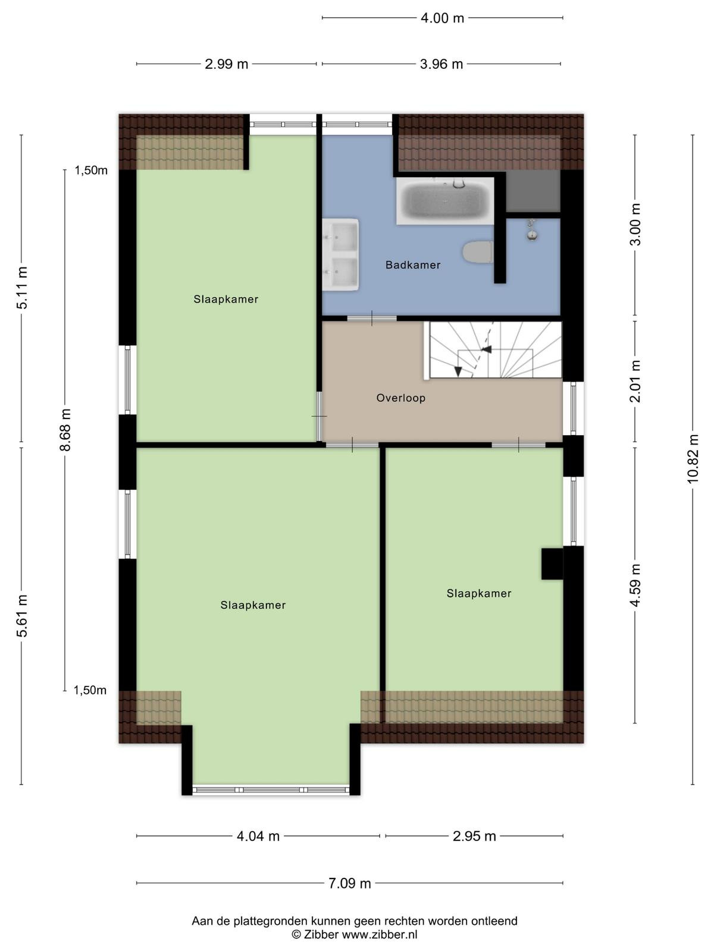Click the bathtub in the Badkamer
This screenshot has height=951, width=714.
click(x=445, y=200)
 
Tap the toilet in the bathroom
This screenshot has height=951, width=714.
click(x=478, y=252)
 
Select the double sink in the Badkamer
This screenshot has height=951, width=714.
click(x=340, y=255)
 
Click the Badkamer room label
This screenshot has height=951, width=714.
click(x=413, y=264)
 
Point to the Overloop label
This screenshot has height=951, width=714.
click(x=400, y=398)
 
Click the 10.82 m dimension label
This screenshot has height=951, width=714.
click(x=693, y=458)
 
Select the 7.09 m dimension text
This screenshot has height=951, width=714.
click(x=349, y=883)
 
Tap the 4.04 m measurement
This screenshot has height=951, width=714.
click(x=258, y=836)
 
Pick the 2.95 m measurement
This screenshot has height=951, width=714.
click(x=474, y=836)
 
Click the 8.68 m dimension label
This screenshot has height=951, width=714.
click(x=65, y=429)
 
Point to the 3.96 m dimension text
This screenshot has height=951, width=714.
click(x=441, y=64)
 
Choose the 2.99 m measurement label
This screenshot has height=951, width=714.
click(x=226, y=64)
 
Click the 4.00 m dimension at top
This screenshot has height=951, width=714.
click(x=442, y=18)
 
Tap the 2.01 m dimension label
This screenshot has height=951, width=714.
click(x=635, y=381)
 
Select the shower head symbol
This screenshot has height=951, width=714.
click(x=532, y=229)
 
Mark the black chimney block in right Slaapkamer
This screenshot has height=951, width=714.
click(x=552, y=563)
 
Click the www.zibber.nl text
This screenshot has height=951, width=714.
click(x=380, y=934)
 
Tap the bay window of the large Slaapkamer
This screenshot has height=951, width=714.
click(x=271, y=790)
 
